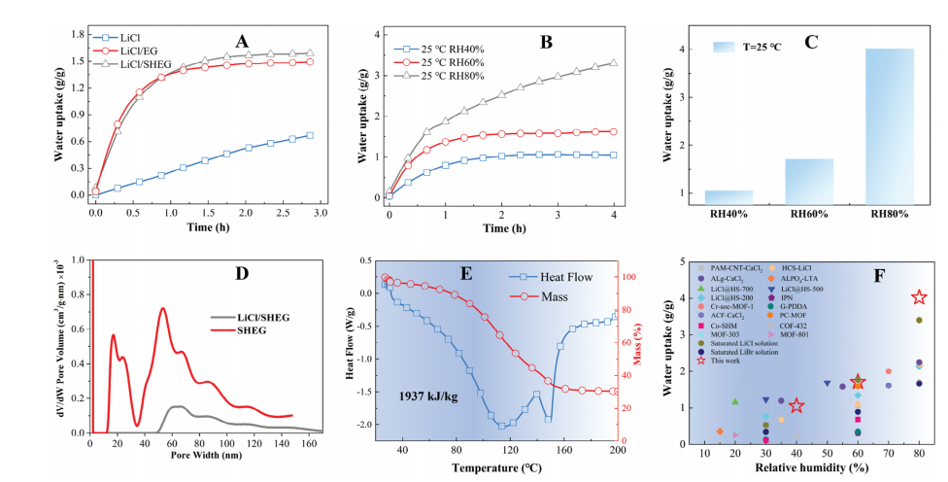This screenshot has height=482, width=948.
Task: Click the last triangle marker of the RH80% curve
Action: click(x=613, y=63)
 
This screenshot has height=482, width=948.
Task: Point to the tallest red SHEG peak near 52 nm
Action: click(x=163, y=309)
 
